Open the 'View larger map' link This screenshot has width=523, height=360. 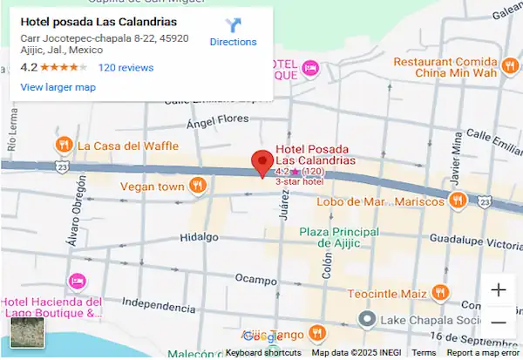pos(58,87)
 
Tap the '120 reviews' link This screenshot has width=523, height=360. pos(126,67)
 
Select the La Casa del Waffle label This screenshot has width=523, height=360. pos(127,146)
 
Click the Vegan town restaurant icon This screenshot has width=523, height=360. pos(199,185)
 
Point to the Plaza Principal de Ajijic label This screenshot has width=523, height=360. pos(339,237)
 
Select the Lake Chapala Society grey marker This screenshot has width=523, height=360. pos(367,321)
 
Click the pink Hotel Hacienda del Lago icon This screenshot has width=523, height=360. pos(77,281)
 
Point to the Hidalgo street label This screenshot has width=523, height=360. pos(199,237)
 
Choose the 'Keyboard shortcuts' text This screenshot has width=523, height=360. pos(263,353)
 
